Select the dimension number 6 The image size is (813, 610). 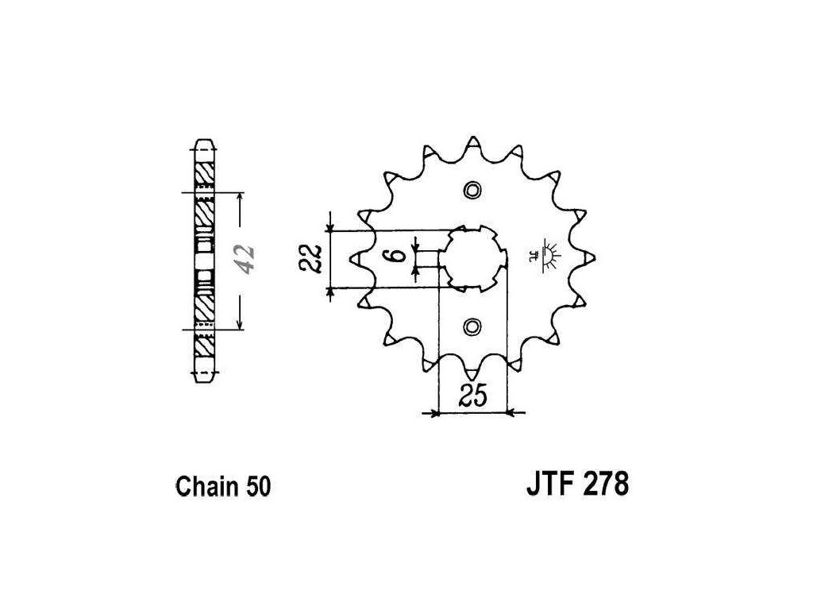click(403, 257)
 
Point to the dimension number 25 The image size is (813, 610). click(473, 396)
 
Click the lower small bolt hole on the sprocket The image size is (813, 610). click(473, 326)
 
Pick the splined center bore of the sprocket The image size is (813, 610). click(473, 257)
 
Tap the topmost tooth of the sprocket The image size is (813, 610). click(473, 143)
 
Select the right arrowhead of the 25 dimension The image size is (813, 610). click(511, 413)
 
